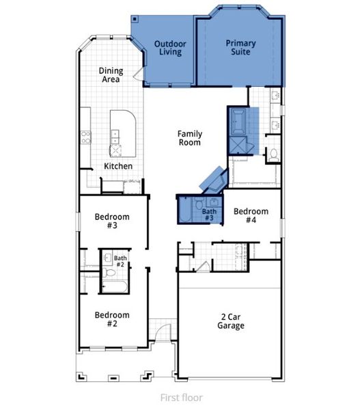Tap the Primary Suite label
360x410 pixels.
click(x=240, y=47)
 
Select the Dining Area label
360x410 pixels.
click(x=110, y=74)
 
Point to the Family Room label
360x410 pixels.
click(x=189, y=138)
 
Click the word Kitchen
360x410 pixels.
click(x=118, y=166)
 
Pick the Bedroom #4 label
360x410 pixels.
click(x=251, y=216)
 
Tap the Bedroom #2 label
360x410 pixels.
click(x=111, y=318)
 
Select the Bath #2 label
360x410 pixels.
click(x=120, y=260)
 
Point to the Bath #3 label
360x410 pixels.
click(x=209, y=215)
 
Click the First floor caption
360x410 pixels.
click(x=181, y=397)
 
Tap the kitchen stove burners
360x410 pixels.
click(x=87, y=135)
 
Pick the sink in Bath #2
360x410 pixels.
click(x=107, y=258)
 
